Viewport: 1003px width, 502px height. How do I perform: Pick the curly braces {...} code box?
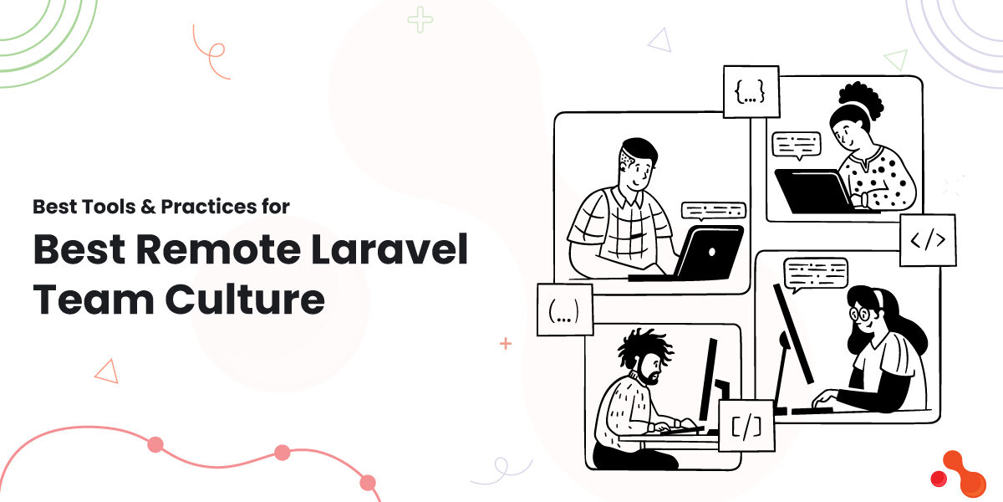pos(751,92)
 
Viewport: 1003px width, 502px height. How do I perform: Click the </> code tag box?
pos(928,240)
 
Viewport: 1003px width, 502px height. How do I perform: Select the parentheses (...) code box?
pos(565,310)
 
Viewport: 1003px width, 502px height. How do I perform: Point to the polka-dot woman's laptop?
pos(812,191)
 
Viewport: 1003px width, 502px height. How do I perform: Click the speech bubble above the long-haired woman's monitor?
pos(815,272)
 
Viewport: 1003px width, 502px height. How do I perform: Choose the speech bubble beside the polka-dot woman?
pos(796,145)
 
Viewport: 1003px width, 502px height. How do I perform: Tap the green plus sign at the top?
pos(420,20)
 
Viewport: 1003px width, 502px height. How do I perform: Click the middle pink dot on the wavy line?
pos(282,453)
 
